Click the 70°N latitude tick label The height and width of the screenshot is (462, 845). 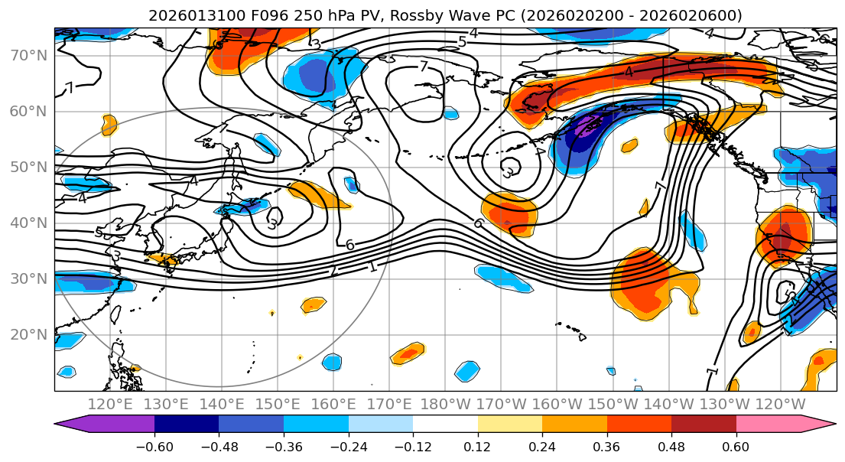28,55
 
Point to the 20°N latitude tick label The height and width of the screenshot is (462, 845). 28,334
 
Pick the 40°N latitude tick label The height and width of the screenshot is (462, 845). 28,223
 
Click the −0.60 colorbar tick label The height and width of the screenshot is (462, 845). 154,445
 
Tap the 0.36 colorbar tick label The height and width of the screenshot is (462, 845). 606,445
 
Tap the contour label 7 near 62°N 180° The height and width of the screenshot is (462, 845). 424,66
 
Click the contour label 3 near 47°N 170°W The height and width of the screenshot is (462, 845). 507,172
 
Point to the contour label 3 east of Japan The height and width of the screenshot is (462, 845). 271,224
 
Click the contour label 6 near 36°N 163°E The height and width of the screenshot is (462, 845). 349,245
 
